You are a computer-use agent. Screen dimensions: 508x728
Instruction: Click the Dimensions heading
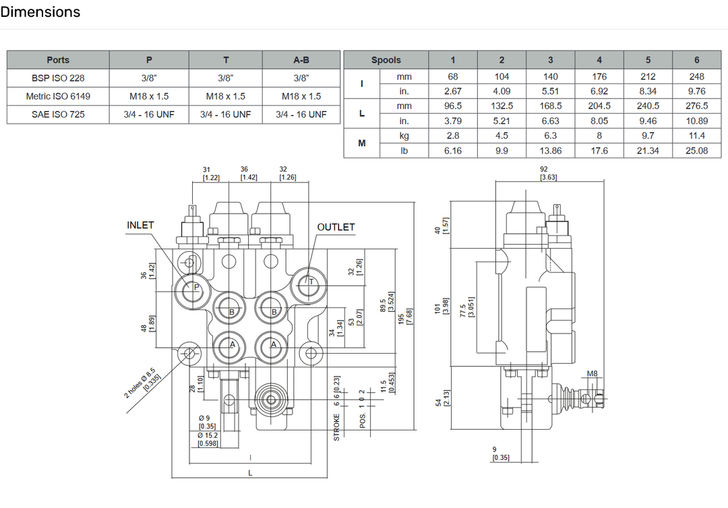click(40, 12)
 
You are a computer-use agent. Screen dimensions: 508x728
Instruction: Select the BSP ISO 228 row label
click(58, 77)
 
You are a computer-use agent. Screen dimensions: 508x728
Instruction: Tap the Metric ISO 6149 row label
click(58, 96)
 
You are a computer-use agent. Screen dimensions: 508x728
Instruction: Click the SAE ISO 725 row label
click(58, 115)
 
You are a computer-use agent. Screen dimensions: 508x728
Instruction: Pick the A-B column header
click(301, 60)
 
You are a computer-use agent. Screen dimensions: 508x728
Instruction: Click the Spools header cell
click(386, 60)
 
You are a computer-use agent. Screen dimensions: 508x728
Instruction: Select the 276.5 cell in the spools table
click(696, 106)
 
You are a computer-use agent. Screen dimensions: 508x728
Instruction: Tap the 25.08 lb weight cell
click(696, 151)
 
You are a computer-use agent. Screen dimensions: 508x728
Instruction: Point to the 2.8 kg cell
click(453, 135)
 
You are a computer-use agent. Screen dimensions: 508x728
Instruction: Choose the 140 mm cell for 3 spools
click(551, 77)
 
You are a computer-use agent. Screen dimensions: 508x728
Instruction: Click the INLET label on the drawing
click(140, 225)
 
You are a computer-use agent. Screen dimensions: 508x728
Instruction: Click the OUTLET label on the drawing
click(336, 227)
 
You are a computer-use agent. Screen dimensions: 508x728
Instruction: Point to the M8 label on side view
click(592, 374)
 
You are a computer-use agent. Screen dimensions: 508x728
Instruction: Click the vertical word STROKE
click(337, 426)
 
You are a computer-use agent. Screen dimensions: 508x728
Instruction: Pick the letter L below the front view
click(250, 473)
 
